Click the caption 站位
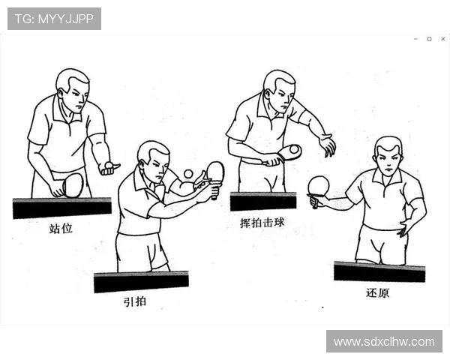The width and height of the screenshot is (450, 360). (x=61, y=228)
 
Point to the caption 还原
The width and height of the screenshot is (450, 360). (x=377, y=292)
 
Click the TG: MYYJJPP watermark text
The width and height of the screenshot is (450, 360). (x=54, y=19)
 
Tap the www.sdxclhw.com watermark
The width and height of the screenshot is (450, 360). (x=384, y=341)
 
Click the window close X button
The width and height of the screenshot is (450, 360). (x=442, y=39)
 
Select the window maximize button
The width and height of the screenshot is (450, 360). (x=429, y=39)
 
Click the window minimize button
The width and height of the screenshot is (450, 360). (x=415, y=39)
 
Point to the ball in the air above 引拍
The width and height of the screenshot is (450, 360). (x=188, y=174)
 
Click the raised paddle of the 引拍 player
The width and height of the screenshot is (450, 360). (x=215, y=171)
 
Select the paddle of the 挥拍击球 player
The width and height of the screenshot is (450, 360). (x=289, y=152)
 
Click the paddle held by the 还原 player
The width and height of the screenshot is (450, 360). (x=319, y=185)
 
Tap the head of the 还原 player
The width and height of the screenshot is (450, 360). (x=388, y=155)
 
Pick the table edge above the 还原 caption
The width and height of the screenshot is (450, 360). (x=379, y=271)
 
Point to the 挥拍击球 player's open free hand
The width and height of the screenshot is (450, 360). (x=326, y=145)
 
